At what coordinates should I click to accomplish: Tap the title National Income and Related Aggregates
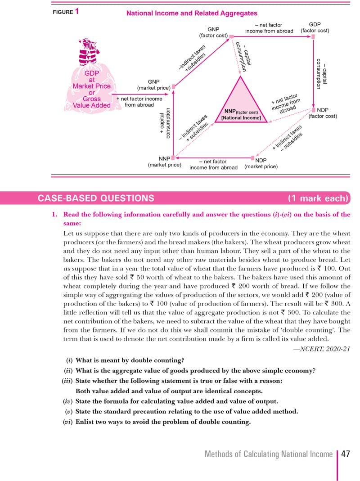coord(192,13)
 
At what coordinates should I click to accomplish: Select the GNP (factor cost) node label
coord(213,32)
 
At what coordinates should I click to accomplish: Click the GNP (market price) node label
coord(153,85)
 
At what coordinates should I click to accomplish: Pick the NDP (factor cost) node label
coord(323,113)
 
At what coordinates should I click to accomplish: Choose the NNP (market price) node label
coord(164,162)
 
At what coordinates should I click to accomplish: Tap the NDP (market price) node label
coord(261,163)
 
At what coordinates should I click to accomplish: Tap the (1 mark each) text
coord(318,198)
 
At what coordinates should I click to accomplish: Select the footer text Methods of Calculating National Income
coord(268,454)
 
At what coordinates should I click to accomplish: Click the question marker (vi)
coord(67,422)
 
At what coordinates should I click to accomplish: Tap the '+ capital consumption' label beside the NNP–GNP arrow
coord(165,124)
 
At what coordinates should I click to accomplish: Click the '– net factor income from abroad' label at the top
coord(269,28)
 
